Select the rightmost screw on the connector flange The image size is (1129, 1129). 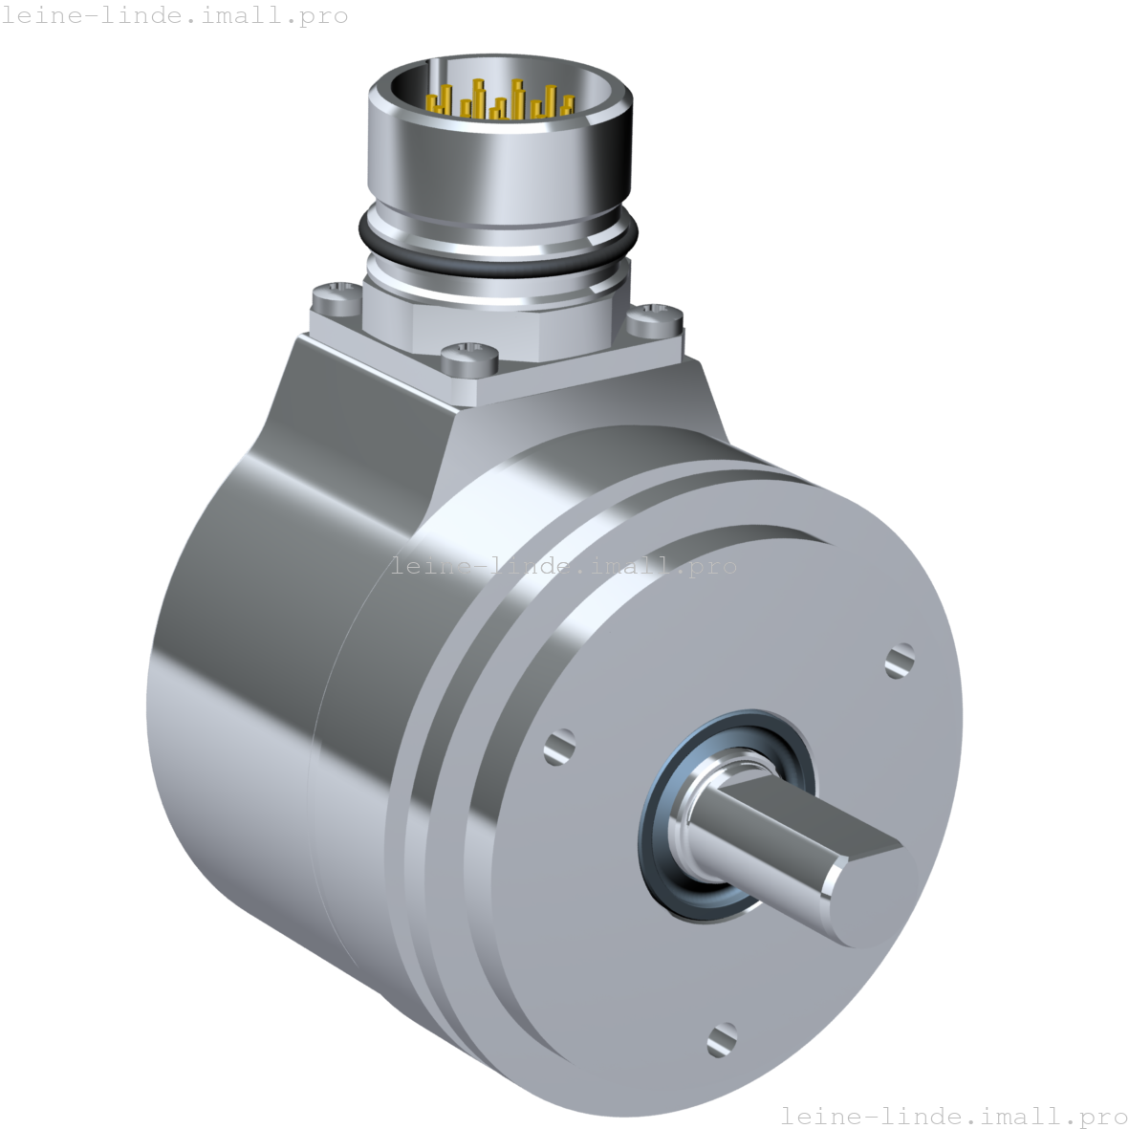[x=656, y=315]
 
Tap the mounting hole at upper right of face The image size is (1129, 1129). [x=900, y=660]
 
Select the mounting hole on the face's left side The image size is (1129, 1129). [x=559, y=746]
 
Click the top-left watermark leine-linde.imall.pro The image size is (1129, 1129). [x=174, y=15]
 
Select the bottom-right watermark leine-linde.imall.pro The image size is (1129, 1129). [x=953, y=1115]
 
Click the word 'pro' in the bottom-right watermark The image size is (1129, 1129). [x=1100, y=1116]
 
